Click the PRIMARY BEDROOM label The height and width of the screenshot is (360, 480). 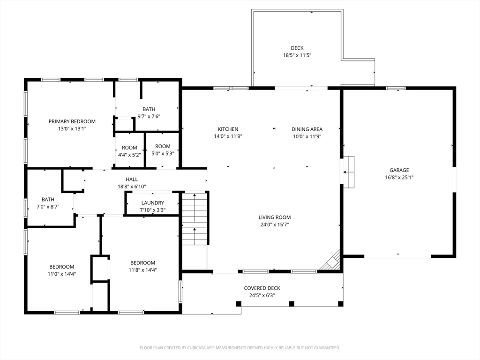72,121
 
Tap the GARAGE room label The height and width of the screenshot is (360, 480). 399,170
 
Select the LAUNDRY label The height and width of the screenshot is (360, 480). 152,203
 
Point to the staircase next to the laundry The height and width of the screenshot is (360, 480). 195,218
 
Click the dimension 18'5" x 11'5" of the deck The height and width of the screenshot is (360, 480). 297,55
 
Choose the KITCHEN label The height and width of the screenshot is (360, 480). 228,129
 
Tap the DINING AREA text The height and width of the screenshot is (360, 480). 307,129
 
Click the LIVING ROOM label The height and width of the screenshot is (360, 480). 275,217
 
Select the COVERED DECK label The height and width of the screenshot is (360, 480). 262,288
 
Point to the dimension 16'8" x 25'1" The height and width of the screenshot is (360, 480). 399,178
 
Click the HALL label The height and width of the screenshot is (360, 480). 132,180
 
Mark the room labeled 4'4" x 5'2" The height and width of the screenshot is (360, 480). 129,150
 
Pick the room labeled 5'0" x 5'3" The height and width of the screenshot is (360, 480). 163,150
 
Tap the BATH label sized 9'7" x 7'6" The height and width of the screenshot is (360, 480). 149,109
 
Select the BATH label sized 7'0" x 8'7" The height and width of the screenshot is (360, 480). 48,200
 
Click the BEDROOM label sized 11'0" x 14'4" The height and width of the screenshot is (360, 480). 61,267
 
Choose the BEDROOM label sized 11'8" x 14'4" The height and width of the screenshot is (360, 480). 142,263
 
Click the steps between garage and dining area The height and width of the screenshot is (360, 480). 348,172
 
